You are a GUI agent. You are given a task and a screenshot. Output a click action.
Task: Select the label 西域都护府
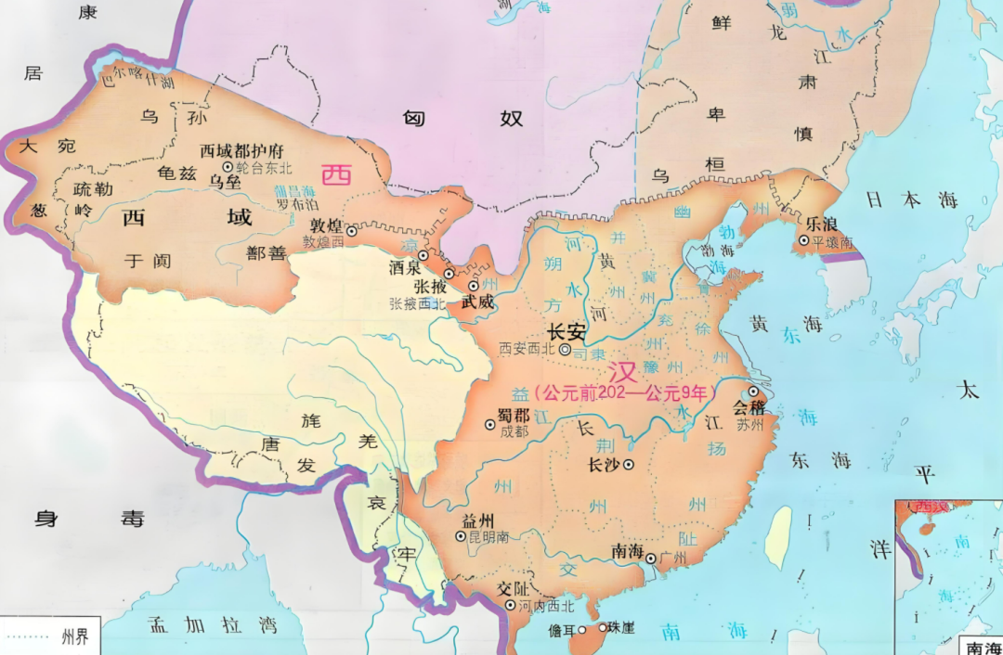point(241,150)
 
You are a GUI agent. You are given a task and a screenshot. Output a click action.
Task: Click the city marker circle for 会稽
point(752,392)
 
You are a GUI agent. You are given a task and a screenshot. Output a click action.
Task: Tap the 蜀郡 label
point(514,415)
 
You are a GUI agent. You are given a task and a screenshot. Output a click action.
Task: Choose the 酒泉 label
point(406,266)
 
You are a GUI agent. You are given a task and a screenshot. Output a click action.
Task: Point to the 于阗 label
point(149,261)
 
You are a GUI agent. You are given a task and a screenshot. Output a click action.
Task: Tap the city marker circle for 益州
point(460,536)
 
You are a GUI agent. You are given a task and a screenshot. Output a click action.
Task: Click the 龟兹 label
point(178,173)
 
